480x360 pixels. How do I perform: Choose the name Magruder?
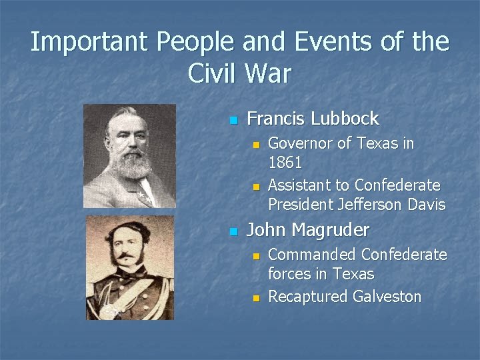[x=329, y=231]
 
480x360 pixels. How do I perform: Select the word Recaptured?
[x=307, y=297]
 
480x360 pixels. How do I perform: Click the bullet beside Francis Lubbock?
[x=233, y=121]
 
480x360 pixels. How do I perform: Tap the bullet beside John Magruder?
[x=233, y=232]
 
